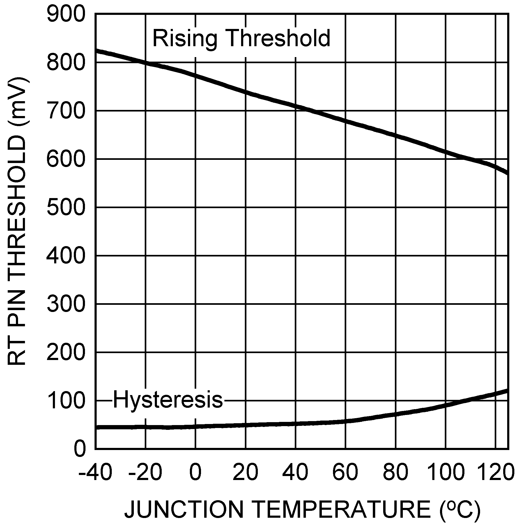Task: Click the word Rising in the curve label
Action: tap(185, 39)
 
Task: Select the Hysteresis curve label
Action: tap(168, 400)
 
